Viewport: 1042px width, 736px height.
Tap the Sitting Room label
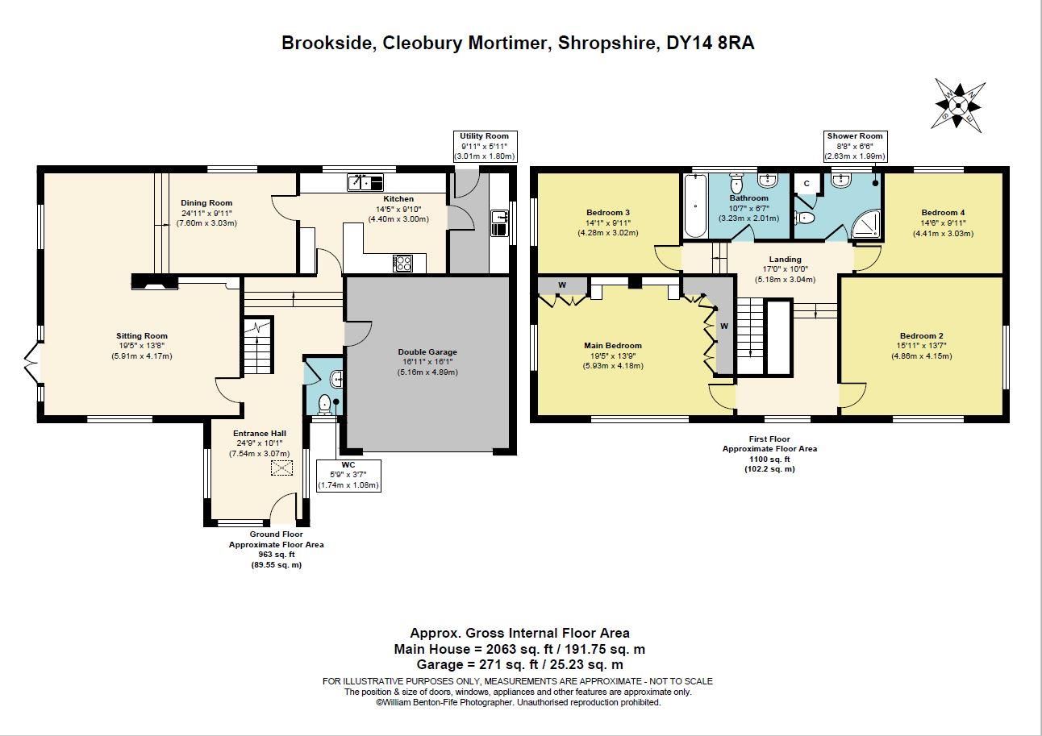click(x=142, y=336)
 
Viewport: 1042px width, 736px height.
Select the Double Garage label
click(x=427, y=352)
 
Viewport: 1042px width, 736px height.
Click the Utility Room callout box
click(x=484, y=146)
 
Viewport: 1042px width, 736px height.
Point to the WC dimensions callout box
click(x=348, y=475)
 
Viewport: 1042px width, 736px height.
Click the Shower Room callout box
click(x=855, y=146)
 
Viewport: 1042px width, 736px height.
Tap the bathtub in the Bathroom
click(x=694, y=206)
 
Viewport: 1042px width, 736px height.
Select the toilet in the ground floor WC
click(x=326, y=404)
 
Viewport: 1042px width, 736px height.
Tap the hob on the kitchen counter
click(x=402, y=263)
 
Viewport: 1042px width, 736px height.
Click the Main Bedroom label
click(x=613, y=346)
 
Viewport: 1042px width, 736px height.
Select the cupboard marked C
click(x=806, y=184)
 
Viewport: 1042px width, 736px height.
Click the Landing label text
click(x=785, y=260)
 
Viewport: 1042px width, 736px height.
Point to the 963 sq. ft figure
click(x=276, y=555)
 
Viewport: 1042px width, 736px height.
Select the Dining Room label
click(x=206, y=203)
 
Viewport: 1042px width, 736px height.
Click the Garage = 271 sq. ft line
click(x=519, y=665)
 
